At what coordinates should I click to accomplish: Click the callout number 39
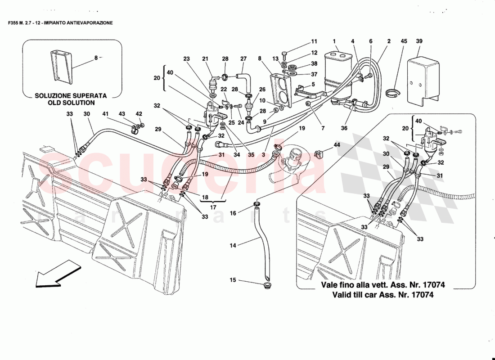pyautogui.click(x=419, y=41)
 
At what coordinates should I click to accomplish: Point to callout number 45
pyautogui.click(x=404, y=41)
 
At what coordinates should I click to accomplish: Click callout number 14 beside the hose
pyautogui.click(x=233, y=245)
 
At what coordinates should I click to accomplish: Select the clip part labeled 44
pyautogui.click(x=319, y=154)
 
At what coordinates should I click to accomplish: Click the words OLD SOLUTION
pyautogui.click(x=72, y=103)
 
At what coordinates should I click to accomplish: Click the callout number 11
pyautogui.click(x=314, y=41)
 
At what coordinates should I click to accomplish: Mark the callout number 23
pyautogui.click(x=187, y=58)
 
